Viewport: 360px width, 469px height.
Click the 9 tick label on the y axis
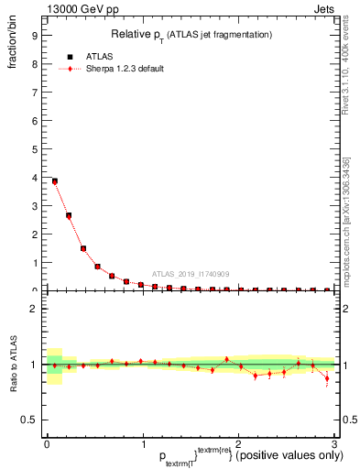[x=34, y=37]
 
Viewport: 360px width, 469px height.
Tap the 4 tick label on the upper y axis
[x=34, y=178]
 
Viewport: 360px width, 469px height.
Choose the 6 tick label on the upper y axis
[x=34, y=121]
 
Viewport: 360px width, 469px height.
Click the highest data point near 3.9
[x=55, y=181]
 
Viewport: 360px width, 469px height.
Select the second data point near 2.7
[x=69, y=216]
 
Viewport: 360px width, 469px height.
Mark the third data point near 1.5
[x=83, y=248]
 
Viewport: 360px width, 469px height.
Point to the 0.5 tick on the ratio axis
[x=30, y=420]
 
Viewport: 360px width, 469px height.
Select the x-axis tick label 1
[x=143, y=444]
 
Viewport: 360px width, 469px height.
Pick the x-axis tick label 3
[x=335, y=444]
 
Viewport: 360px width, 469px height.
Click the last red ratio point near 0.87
[x=327, y=379]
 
